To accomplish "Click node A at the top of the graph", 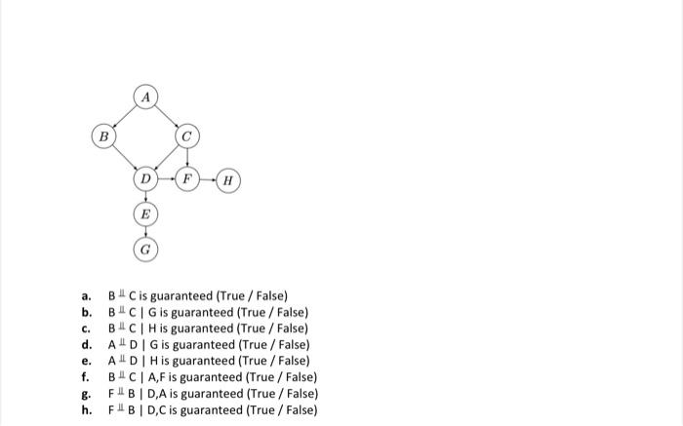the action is click(x=145, y=97).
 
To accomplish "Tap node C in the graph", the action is click(x=187, y=136).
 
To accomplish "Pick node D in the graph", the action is click(x=145, y=179).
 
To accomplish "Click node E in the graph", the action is click(x=145, y=213).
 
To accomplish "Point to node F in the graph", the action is click(x=188, y=179).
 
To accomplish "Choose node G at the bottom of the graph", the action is click(x=145, y=248).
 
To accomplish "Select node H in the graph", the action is click(x=228, y=179).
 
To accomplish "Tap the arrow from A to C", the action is click(x=167, y=117).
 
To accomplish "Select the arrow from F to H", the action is click(x=208, y=179).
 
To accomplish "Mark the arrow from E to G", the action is click(x=145, y=231).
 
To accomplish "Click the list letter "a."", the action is click(x=87, y=296).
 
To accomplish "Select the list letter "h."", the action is click(x=87, y=409).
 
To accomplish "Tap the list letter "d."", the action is click(x=87, y=345).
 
